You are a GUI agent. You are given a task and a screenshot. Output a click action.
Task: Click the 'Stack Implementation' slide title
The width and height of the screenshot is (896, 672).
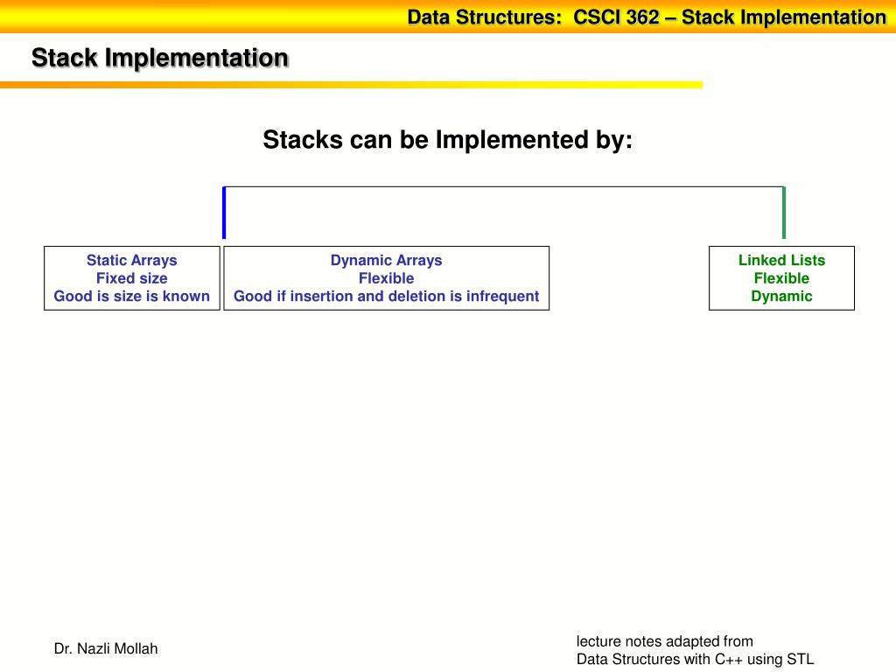[159, 59]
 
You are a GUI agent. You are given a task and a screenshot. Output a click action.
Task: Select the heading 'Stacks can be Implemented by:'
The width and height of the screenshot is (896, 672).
[447, 140]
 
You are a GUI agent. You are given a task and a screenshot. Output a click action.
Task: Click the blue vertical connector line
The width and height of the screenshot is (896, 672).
[224, 213]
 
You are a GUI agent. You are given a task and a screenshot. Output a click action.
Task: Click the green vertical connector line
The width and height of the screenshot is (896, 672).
[784, 213]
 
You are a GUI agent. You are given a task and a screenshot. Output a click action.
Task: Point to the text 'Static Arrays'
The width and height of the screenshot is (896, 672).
[131, 260]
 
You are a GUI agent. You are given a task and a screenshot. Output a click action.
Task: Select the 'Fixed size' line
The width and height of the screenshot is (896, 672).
[131, 278]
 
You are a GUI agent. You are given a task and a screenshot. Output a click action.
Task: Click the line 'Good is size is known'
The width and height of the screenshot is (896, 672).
[131, 296]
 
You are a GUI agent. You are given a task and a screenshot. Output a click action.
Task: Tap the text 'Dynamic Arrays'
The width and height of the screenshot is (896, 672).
[386, 260]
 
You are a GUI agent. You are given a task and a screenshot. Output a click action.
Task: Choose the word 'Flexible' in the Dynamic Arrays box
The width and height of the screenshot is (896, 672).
[386, 278]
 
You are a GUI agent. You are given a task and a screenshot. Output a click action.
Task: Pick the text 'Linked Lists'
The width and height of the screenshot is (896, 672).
[781, 260]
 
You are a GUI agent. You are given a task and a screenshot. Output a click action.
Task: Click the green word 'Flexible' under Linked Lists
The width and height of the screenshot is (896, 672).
[781, 278]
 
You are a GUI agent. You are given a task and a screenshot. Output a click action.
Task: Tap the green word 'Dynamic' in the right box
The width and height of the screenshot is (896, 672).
[781, 296]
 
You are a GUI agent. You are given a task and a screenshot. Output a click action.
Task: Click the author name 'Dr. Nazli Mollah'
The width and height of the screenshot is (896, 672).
[106, 648]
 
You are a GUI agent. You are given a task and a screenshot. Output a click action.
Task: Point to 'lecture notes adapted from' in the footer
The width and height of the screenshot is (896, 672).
[664, 640]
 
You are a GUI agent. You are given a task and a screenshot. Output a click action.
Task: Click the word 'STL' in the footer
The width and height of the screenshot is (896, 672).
[800, 660]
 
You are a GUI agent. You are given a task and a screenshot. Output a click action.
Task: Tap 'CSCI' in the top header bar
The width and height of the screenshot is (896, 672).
[597, 17]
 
